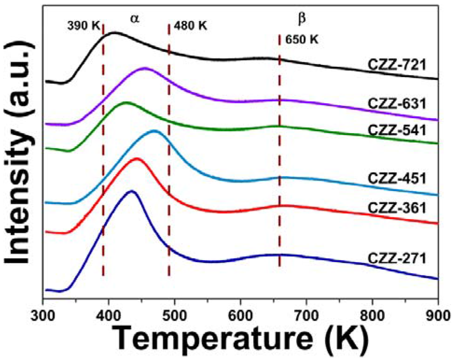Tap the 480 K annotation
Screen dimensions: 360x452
click(x=191, y=25)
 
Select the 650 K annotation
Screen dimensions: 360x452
click(x=301, y=40)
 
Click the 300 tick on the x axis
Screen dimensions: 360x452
click(x=43, y=318)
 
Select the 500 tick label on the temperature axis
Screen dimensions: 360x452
click(x=175, y=318)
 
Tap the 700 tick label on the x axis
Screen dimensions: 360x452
click(x=306, y=318)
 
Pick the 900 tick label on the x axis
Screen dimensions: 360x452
click(x=437, y=318)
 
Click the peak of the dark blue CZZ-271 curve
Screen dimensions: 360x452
click(x=131, y=191)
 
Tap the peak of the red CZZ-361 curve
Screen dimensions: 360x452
click(x=136, y=158)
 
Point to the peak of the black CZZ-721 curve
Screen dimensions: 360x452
click(x=114, y=33)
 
